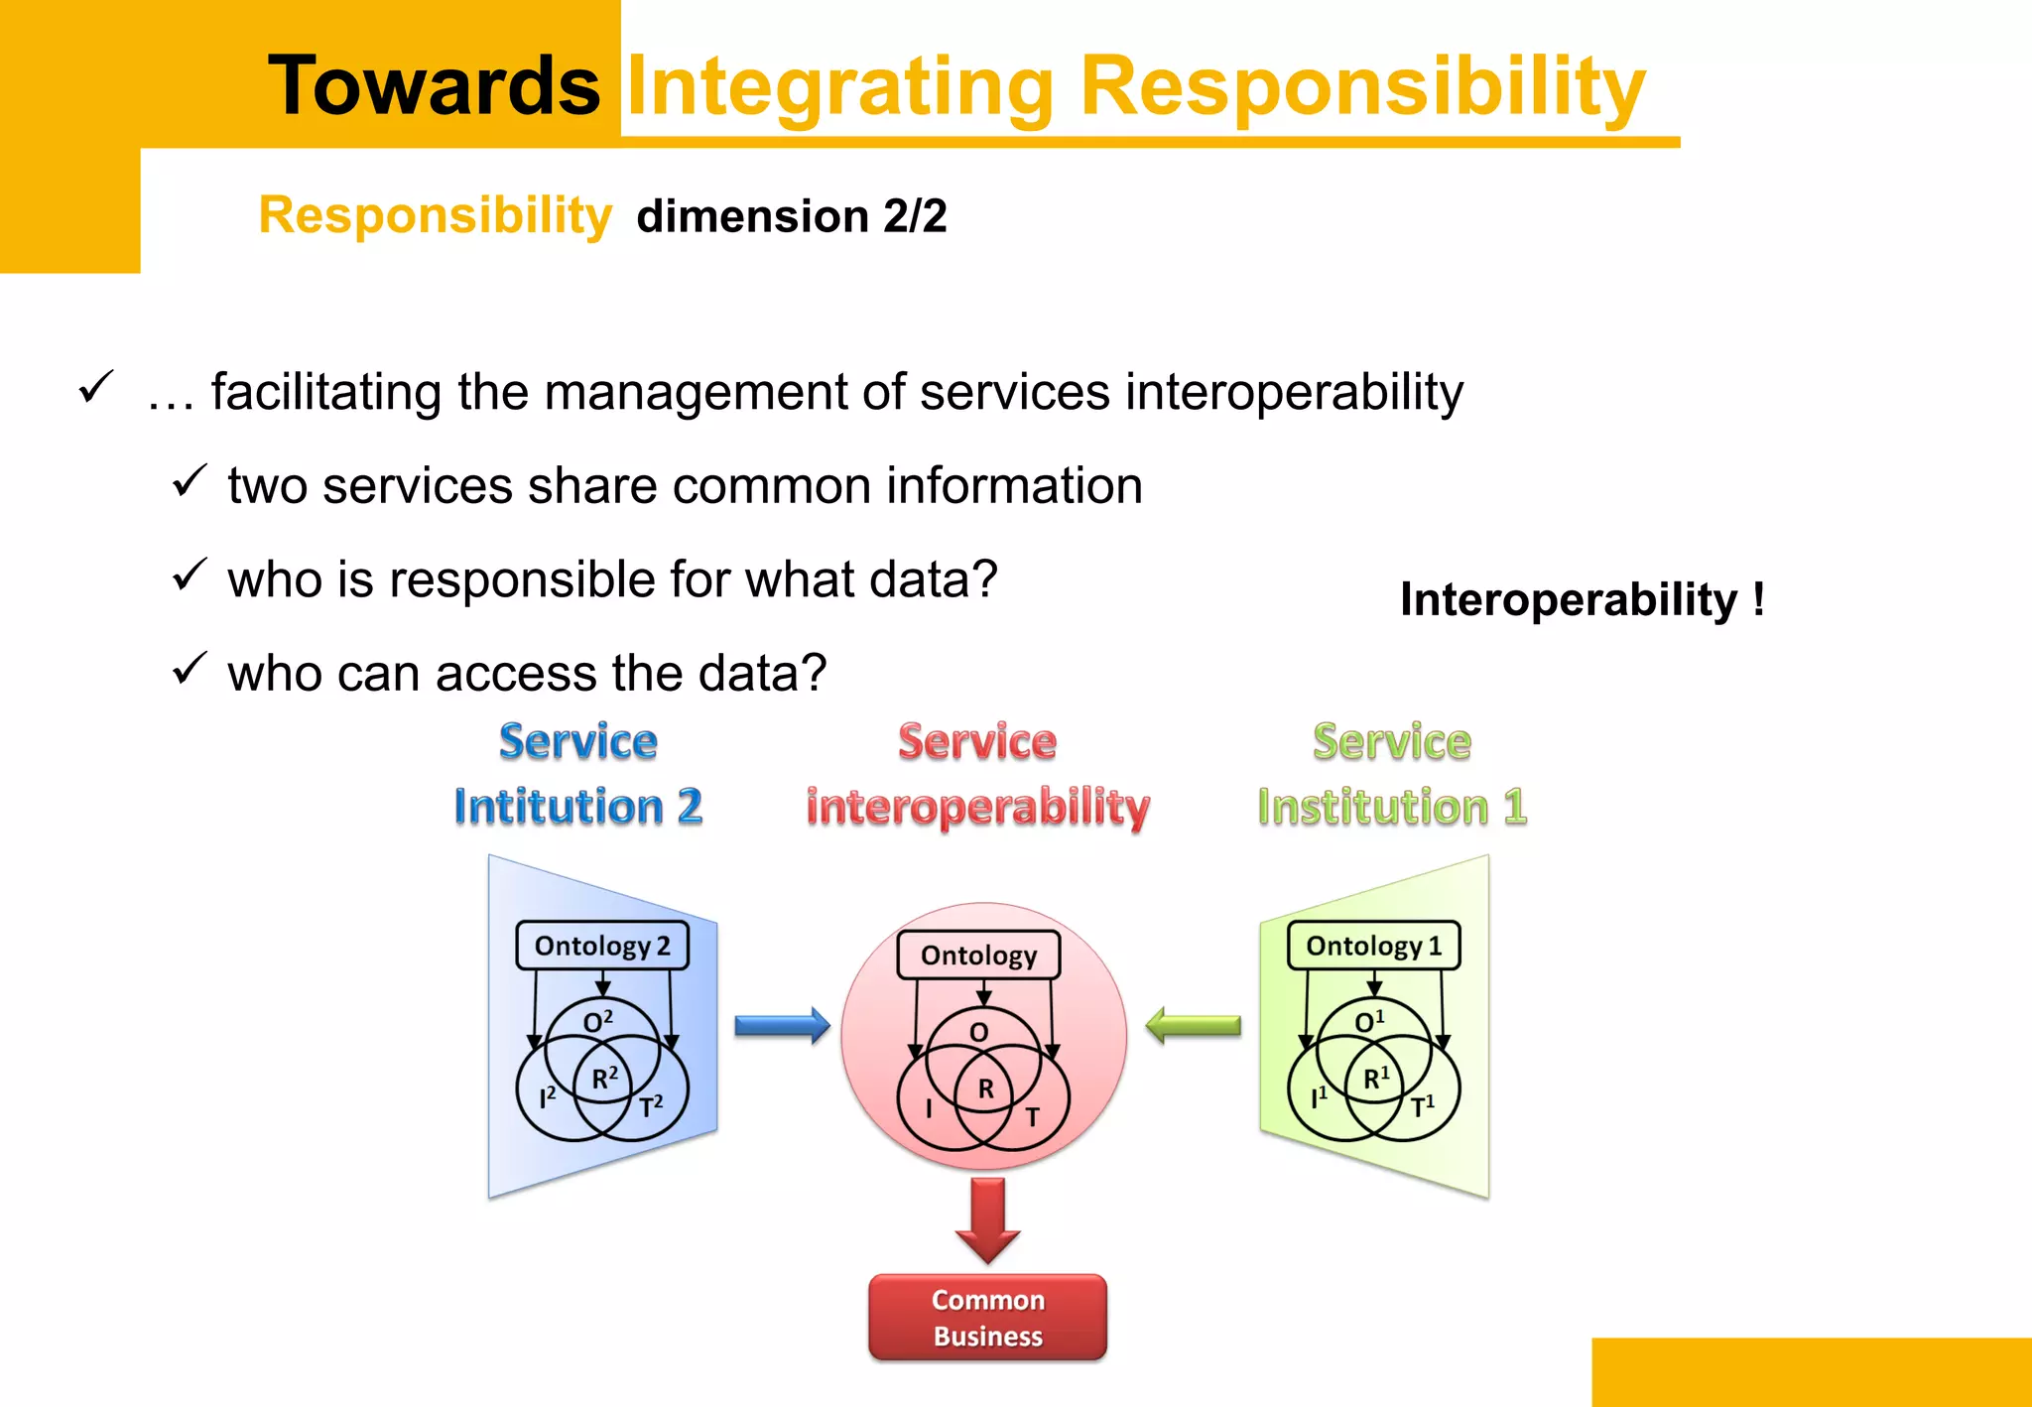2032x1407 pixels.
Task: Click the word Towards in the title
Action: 434,86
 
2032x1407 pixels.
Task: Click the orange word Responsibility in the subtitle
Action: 435,215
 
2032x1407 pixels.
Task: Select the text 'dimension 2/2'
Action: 791,216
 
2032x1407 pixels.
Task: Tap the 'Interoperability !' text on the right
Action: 1582,599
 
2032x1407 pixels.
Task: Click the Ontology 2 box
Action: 601,946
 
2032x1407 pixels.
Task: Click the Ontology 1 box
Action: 1373,946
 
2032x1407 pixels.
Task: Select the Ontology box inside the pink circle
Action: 978,955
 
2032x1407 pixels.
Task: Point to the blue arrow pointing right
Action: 782,1025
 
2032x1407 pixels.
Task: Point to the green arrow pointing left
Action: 1193,1025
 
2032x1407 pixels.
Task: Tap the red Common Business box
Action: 987,1318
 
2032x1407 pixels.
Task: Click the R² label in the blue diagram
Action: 604,1078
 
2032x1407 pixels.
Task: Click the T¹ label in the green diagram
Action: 1422,1105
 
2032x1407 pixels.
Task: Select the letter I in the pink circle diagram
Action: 929,1108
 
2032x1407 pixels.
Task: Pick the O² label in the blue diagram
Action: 597,1021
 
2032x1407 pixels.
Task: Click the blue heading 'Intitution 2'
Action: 578,806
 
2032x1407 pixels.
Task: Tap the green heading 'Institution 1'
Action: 1391,806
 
